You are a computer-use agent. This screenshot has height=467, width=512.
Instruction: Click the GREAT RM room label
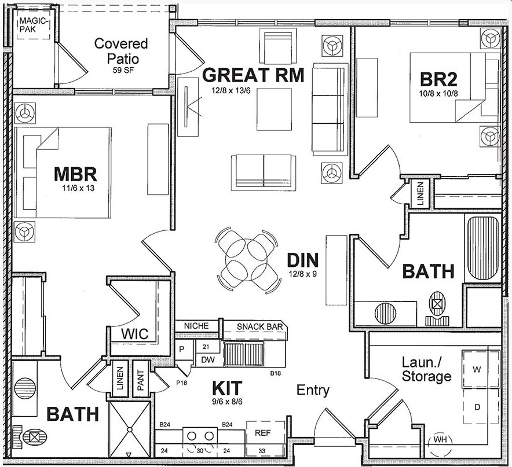pos(253,75)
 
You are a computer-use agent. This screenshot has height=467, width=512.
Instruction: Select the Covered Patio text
pos(121,51)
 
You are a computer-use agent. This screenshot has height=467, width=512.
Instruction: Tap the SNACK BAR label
pos(259,327)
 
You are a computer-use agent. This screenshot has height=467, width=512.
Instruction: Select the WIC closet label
pos(134,334)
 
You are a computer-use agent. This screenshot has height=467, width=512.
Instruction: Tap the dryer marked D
pos(478,407)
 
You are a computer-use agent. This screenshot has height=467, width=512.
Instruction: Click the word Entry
pos(313,390)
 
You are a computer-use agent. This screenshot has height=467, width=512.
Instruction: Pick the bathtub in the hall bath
pos(482,247)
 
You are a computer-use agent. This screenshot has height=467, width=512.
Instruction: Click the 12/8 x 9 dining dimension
pos(302,274)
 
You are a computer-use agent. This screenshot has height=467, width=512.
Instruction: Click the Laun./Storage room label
pos(426,370)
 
